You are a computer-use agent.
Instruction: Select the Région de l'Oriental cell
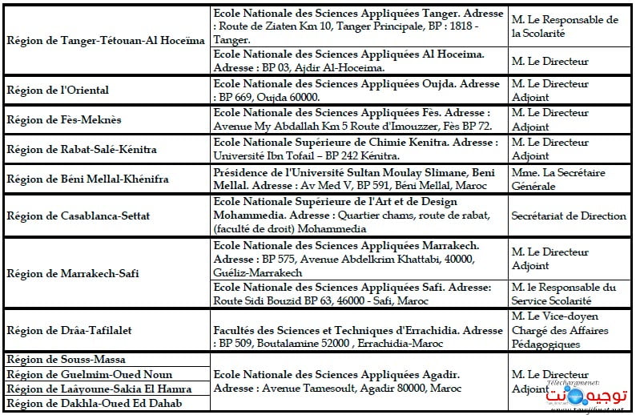point(58,90)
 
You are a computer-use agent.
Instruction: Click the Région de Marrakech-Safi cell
point(73,273)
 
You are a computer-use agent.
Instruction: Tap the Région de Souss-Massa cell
point(66,360)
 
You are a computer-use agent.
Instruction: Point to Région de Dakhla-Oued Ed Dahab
point(94,403)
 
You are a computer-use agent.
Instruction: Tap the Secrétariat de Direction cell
point(569,216)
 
